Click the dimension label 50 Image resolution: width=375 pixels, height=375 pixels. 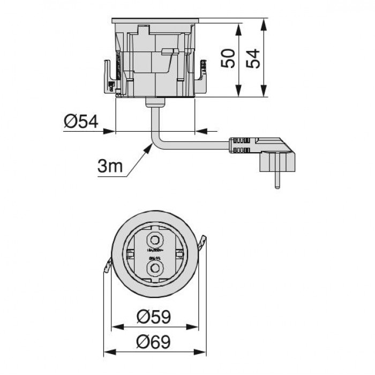click(x=229, y=58)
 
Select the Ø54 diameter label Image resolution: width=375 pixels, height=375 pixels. click(x=80, y=123)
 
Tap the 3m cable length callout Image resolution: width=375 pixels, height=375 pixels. click(x=110, y=167)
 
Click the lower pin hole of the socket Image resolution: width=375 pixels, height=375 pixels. click(x=155, y=266)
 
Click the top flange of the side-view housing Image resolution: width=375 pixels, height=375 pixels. click(x=155, y=21)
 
